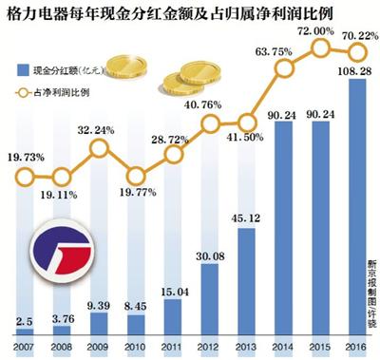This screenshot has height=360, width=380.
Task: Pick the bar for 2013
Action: [x=239, y=275]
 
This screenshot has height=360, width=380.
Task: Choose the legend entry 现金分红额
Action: [x=63, y=69]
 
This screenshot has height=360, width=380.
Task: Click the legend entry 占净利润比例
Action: [x=63, y=93]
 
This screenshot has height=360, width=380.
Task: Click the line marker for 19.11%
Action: [x=59, y=177]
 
